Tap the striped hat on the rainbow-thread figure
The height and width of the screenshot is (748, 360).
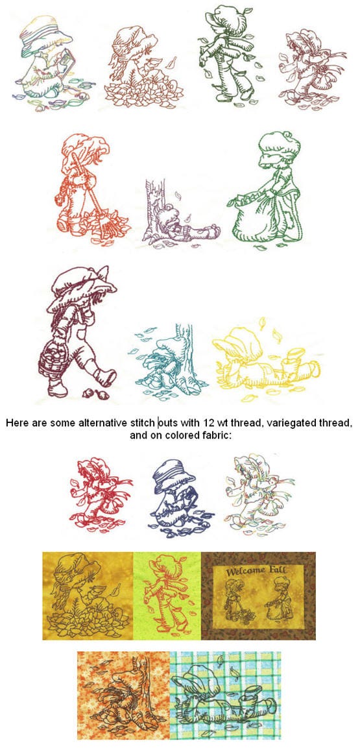coord(44,31)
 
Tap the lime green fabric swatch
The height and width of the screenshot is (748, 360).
coord(167,596)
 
